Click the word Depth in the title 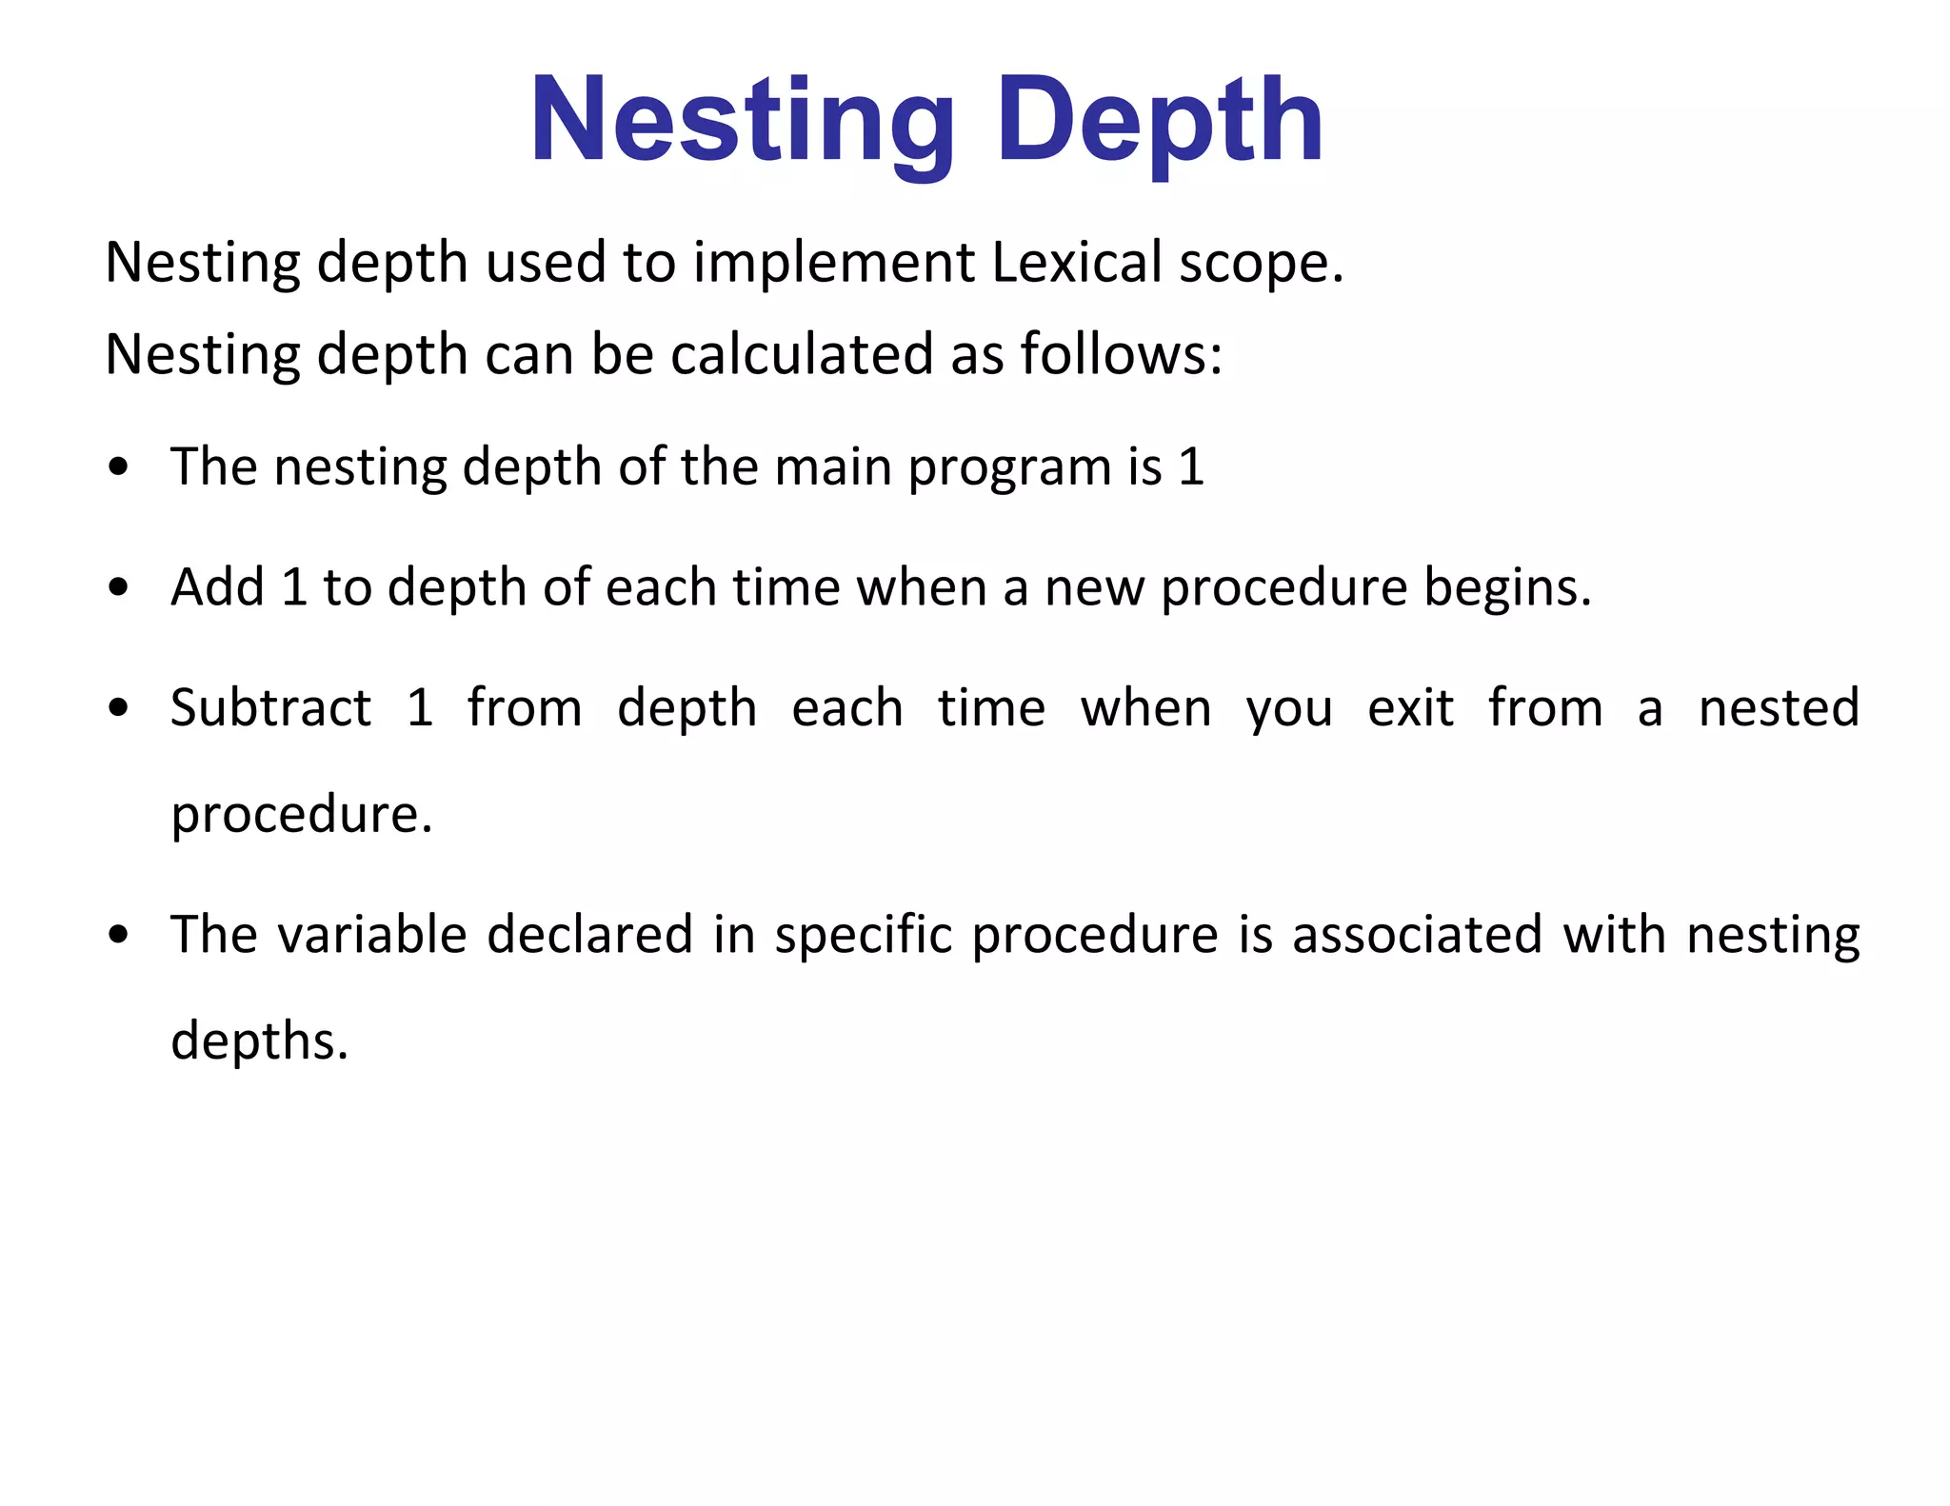click(x=1159, y=121)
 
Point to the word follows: click(x=1121, y=354)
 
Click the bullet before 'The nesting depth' click(x=118, y=468)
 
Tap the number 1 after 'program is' click(x=1191, y=467)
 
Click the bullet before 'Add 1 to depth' click(x=118, y=588)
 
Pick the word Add click(x=217, y=587)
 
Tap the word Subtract click(x=270, y=708)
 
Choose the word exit click(x=1410, y=708)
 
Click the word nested click(x=1779, y=708)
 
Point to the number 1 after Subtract click(x=420, y=708)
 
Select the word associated click(x=1417, y=935)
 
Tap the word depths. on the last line click(x=259, y=1041)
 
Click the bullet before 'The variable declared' click(x=118, y=936)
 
